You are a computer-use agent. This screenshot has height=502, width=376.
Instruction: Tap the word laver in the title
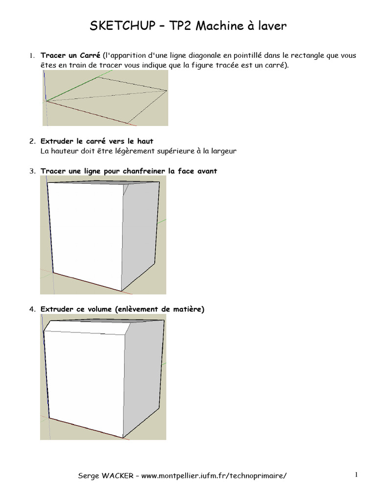[271, 26]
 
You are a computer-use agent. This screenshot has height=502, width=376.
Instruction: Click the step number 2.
[32, 141]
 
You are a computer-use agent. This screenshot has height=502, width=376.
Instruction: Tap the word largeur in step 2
[220, 151]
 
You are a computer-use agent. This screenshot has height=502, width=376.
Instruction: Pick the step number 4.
[32, 309]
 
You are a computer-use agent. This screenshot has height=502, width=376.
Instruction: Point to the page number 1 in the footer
[357, 475]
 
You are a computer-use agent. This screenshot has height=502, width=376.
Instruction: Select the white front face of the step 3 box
[86, 235]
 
